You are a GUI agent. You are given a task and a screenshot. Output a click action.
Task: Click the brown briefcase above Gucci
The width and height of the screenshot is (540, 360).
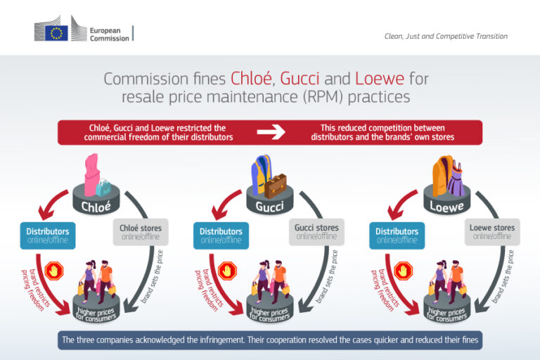(x=276, y=185)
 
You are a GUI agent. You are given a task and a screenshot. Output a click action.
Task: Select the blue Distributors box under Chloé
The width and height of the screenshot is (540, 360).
(x=48, y=234)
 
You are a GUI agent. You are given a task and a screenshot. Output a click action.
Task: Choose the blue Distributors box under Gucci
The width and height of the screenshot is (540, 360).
(x=221, y=235)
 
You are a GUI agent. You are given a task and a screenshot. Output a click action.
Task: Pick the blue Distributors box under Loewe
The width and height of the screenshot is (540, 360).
(x=397, y=235)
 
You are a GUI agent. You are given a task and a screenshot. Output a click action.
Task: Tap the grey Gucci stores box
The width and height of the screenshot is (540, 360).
(x=316, y=233)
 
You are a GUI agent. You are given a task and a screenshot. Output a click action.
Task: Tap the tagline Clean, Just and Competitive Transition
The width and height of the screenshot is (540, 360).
(x=446, y=36)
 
